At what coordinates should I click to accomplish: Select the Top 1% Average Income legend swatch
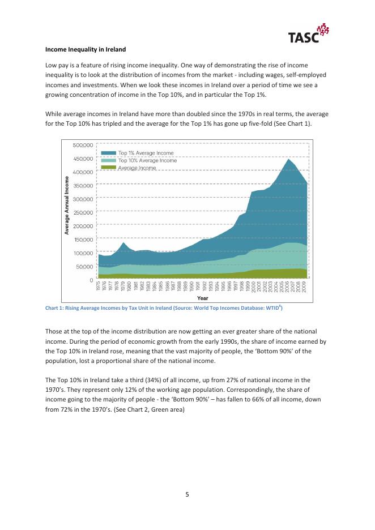pyautogui.click(x=108, y=153)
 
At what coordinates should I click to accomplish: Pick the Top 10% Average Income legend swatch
pyautogui.click(x=108, y=160)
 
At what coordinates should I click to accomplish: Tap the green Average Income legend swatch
pyautogui.click(x=108, y=168)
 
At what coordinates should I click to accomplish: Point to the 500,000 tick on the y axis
pyautogui.click(x=83, y=145)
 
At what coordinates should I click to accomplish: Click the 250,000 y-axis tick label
pyautogui.click(x=83, y=212)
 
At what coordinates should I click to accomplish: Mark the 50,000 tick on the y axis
pyautogui.click(x=84, y=266)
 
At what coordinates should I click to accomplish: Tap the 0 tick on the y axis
pyautogui.click(x=91, y=280)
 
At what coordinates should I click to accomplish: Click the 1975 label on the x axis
pyautogui.click(x=98, y=287)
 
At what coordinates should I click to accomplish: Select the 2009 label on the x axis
pyautogui.click(x=306, y=287)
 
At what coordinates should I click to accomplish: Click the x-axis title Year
pyautogui.click(x=202, y=298)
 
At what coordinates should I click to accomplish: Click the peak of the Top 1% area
pyautogui.click(x=288, y=159)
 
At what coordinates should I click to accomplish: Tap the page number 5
pyautogui.click(x=187, y=494)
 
